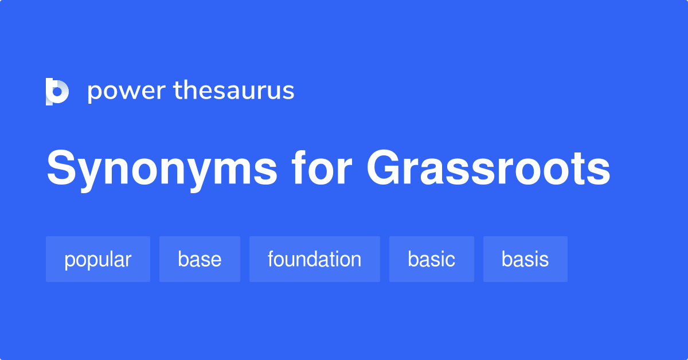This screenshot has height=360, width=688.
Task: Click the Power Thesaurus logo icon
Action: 57,92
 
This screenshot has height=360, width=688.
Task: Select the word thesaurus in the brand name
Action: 234,90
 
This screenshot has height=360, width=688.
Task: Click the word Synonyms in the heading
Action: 162,170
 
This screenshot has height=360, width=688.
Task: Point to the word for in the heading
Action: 322,167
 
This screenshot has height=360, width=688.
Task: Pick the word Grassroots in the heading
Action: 488,168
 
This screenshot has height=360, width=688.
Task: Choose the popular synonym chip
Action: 98,259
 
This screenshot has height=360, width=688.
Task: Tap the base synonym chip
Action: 200,259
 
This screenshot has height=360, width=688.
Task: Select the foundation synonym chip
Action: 315,259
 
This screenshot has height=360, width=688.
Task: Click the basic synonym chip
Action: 432,259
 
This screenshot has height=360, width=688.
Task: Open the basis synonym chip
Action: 525,259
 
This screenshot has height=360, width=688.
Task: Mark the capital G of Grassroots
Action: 384,167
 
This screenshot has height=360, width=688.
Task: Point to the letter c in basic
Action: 449,260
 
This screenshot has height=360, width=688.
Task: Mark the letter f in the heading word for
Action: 300,167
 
